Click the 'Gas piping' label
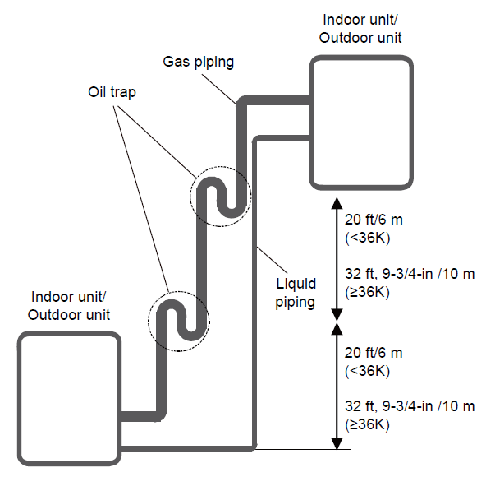point(198,62)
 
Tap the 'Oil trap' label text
point(112,92)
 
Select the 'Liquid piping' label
point(296,293)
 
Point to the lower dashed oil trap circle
point(148,322)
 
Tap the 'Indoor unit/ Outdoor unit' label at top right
point(360,29)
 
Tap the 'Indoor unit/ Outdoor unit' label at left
point(68,306)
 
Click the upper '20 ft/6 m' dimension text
point(374,220)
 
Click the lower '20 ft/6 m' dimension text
point(374,353)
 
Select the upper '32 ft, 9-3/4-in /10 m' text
point(410,274)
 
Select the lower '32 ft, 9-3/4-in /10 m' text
point(410,406)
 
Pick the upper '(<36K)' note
point(367,238)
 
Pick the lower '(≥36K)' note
point(367,424)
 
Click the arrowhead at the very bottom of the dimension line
point(337,443)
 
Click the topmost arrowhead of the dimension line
point(337,203)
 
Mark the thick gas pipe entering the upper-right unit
point(277,100)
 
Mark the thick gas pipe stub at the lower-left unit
point(139,416)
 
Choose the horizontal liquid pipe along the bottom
point(186,448)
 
